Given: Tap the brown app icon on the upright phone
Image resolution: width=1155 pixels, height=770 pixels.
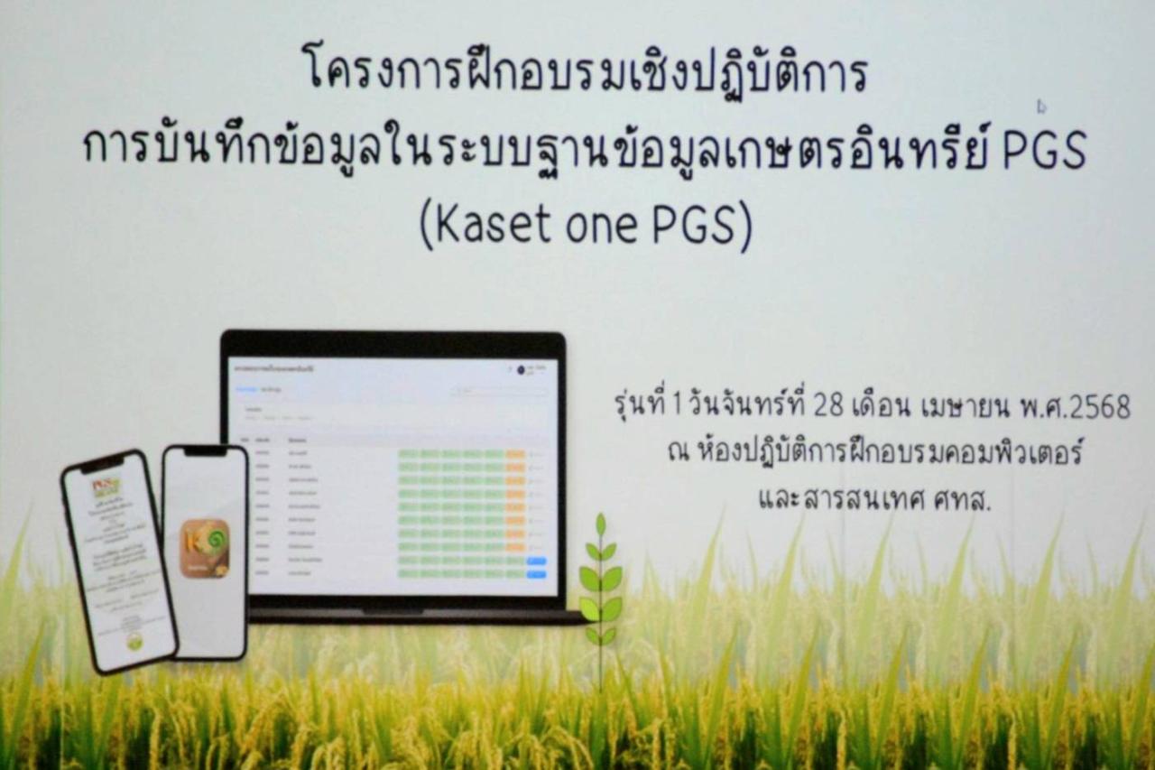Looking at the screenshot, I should (x=205, y=548).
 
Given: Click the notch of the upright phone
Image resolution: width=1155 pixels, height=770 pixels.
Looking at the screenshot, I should (x=206, y=451).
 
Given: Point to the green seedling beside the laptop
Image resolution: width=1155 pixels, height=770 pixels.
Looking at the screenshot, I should (x=600, y=578).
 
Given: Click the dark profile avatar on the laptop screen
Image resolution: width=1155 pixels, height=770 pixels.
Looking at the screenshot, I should (x=522, y=369).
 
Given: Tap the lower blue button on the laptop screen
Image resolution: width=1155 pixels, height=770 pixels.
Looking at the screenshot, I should (x=537, y=573).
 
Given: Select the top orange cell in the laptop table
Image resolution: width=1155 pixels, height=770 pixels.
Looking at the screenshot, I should (x=515, y=454).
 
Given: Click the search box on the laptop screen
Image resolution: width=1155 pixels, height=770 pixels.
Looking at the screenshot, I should (x=501, y=392).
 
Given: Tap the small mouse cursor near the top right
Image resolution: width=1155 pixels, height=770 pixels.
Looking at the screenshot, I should (x=1041, y=107).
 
